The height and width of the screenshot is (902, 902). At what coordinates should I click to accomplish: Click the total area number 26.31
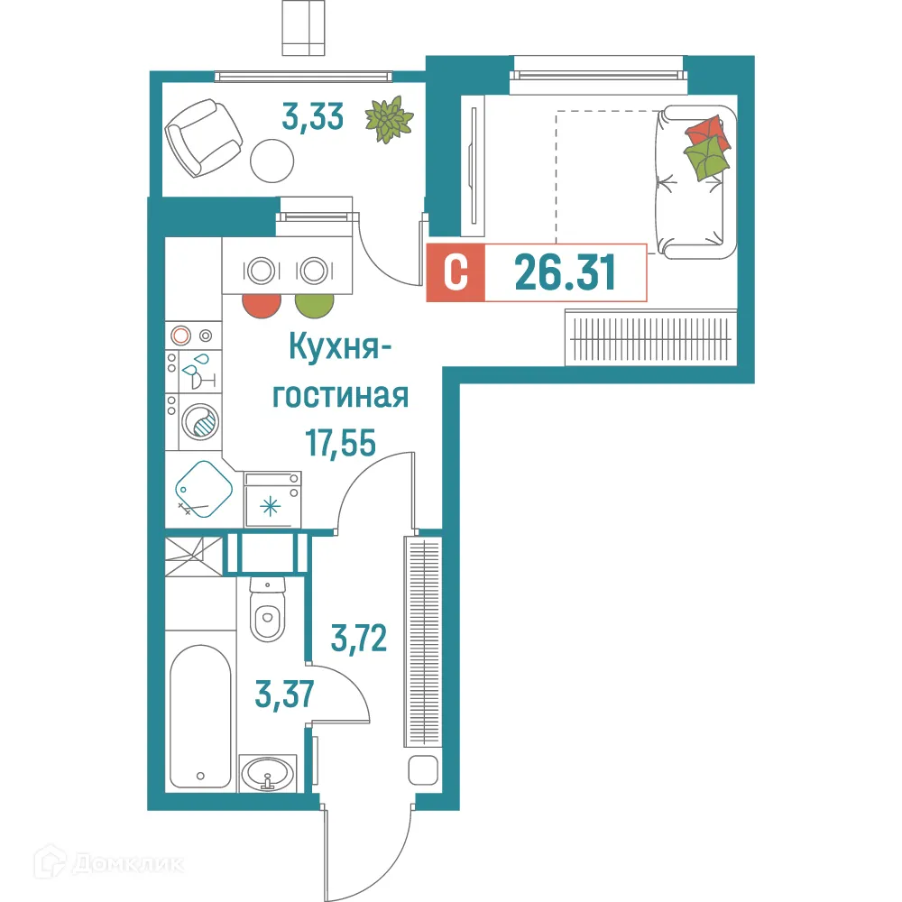566,272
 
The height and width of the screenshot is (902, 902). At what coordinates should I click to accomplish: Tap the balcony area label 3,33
312,117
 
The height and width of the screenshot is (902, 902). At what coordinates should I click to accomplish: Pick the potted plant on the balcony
389,120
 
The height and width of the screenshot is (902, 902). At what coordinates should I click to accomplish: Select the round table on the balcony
272,161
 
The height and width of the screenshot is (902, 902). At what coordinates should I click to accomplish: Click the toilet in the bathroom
268,614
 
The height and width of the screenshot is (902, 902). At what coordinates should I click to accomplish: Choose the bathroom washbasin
267,774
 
